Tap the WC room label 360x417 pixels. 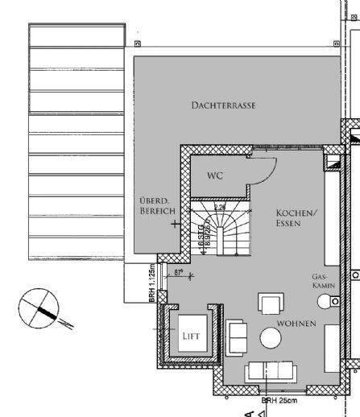point(214,175)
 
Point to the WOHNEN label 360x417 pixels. point(296,324)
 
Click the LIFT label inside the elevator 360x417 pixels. point(189,336)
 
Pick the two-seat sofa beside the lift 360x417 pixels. point(237,333)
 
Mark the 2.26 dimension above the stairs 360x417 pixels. point(220,206)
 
